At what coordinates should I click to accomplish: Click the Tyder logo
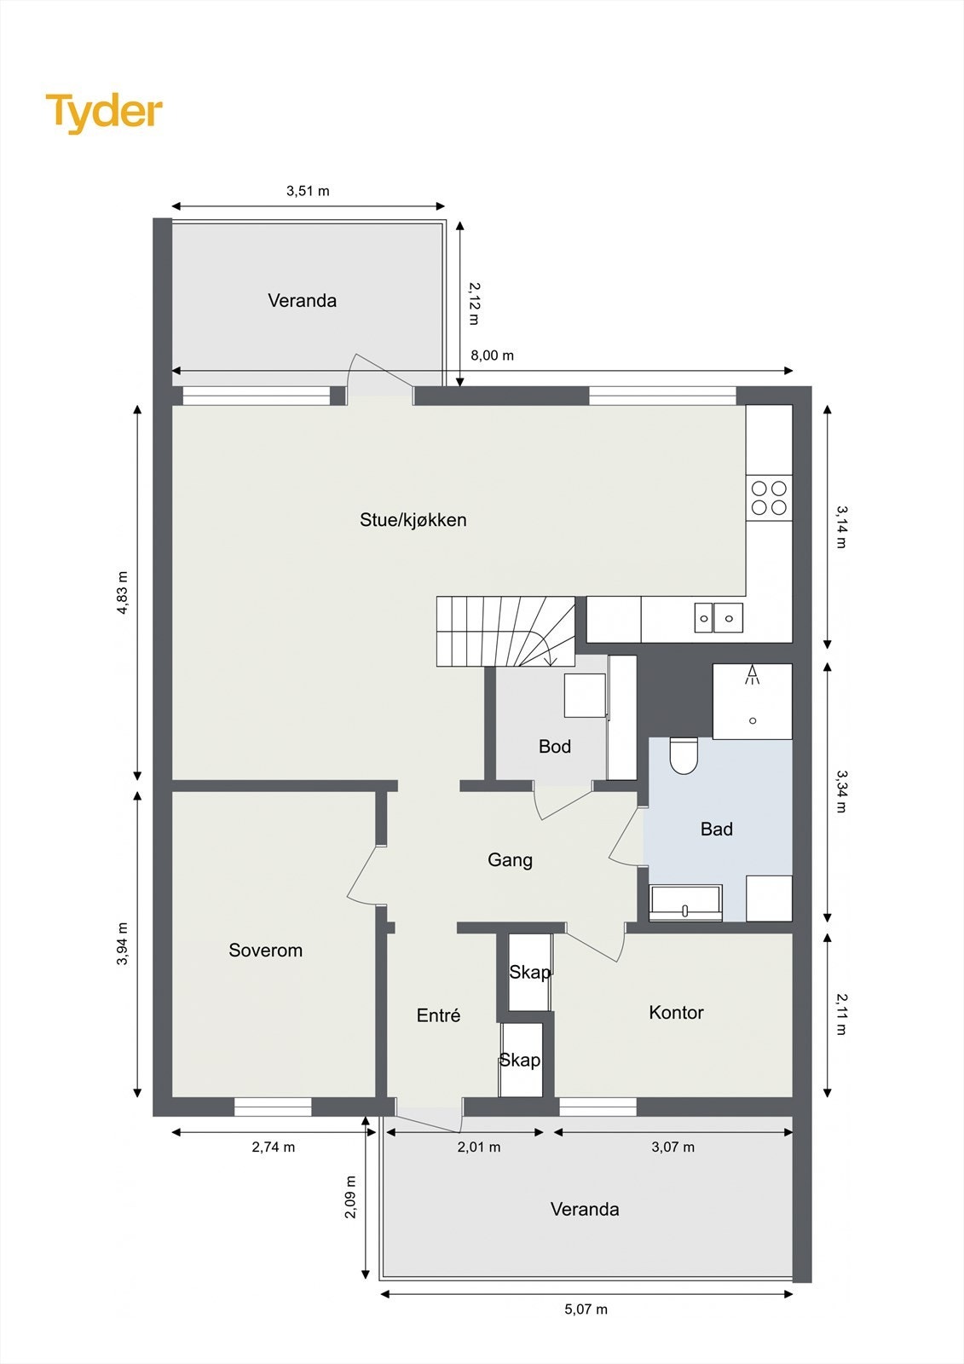104,112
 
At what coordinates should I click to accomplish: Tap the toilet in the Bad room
684,754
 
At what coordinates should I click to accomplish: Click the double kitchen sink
718,616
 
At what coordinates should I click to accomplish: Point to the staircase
505,631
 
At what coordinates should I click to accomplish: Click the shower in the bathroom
752,701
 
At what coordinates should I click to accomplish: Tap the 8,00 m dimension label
492,355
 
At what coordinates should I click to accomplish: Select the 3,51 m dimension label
308,191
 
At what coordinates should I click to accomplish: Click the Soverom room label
265,950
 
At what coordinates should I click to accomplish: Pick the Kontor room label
676,1012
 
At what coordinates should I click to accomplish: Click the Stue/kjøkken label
413,519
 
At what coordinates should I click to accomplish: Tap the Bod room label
554,746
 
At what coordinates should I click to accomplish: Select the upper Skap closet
529,972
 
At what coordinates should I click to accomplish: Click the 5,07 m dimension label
586,1309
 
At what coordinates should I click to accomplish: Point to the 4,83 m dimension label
123,592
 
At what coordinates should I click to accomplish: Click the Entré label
438,1014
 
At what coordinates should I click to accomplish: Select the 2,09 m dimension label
350,1196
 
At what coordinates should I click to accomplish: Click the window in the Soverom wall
273,1107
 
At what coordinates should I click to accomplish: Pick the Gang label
510,859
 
